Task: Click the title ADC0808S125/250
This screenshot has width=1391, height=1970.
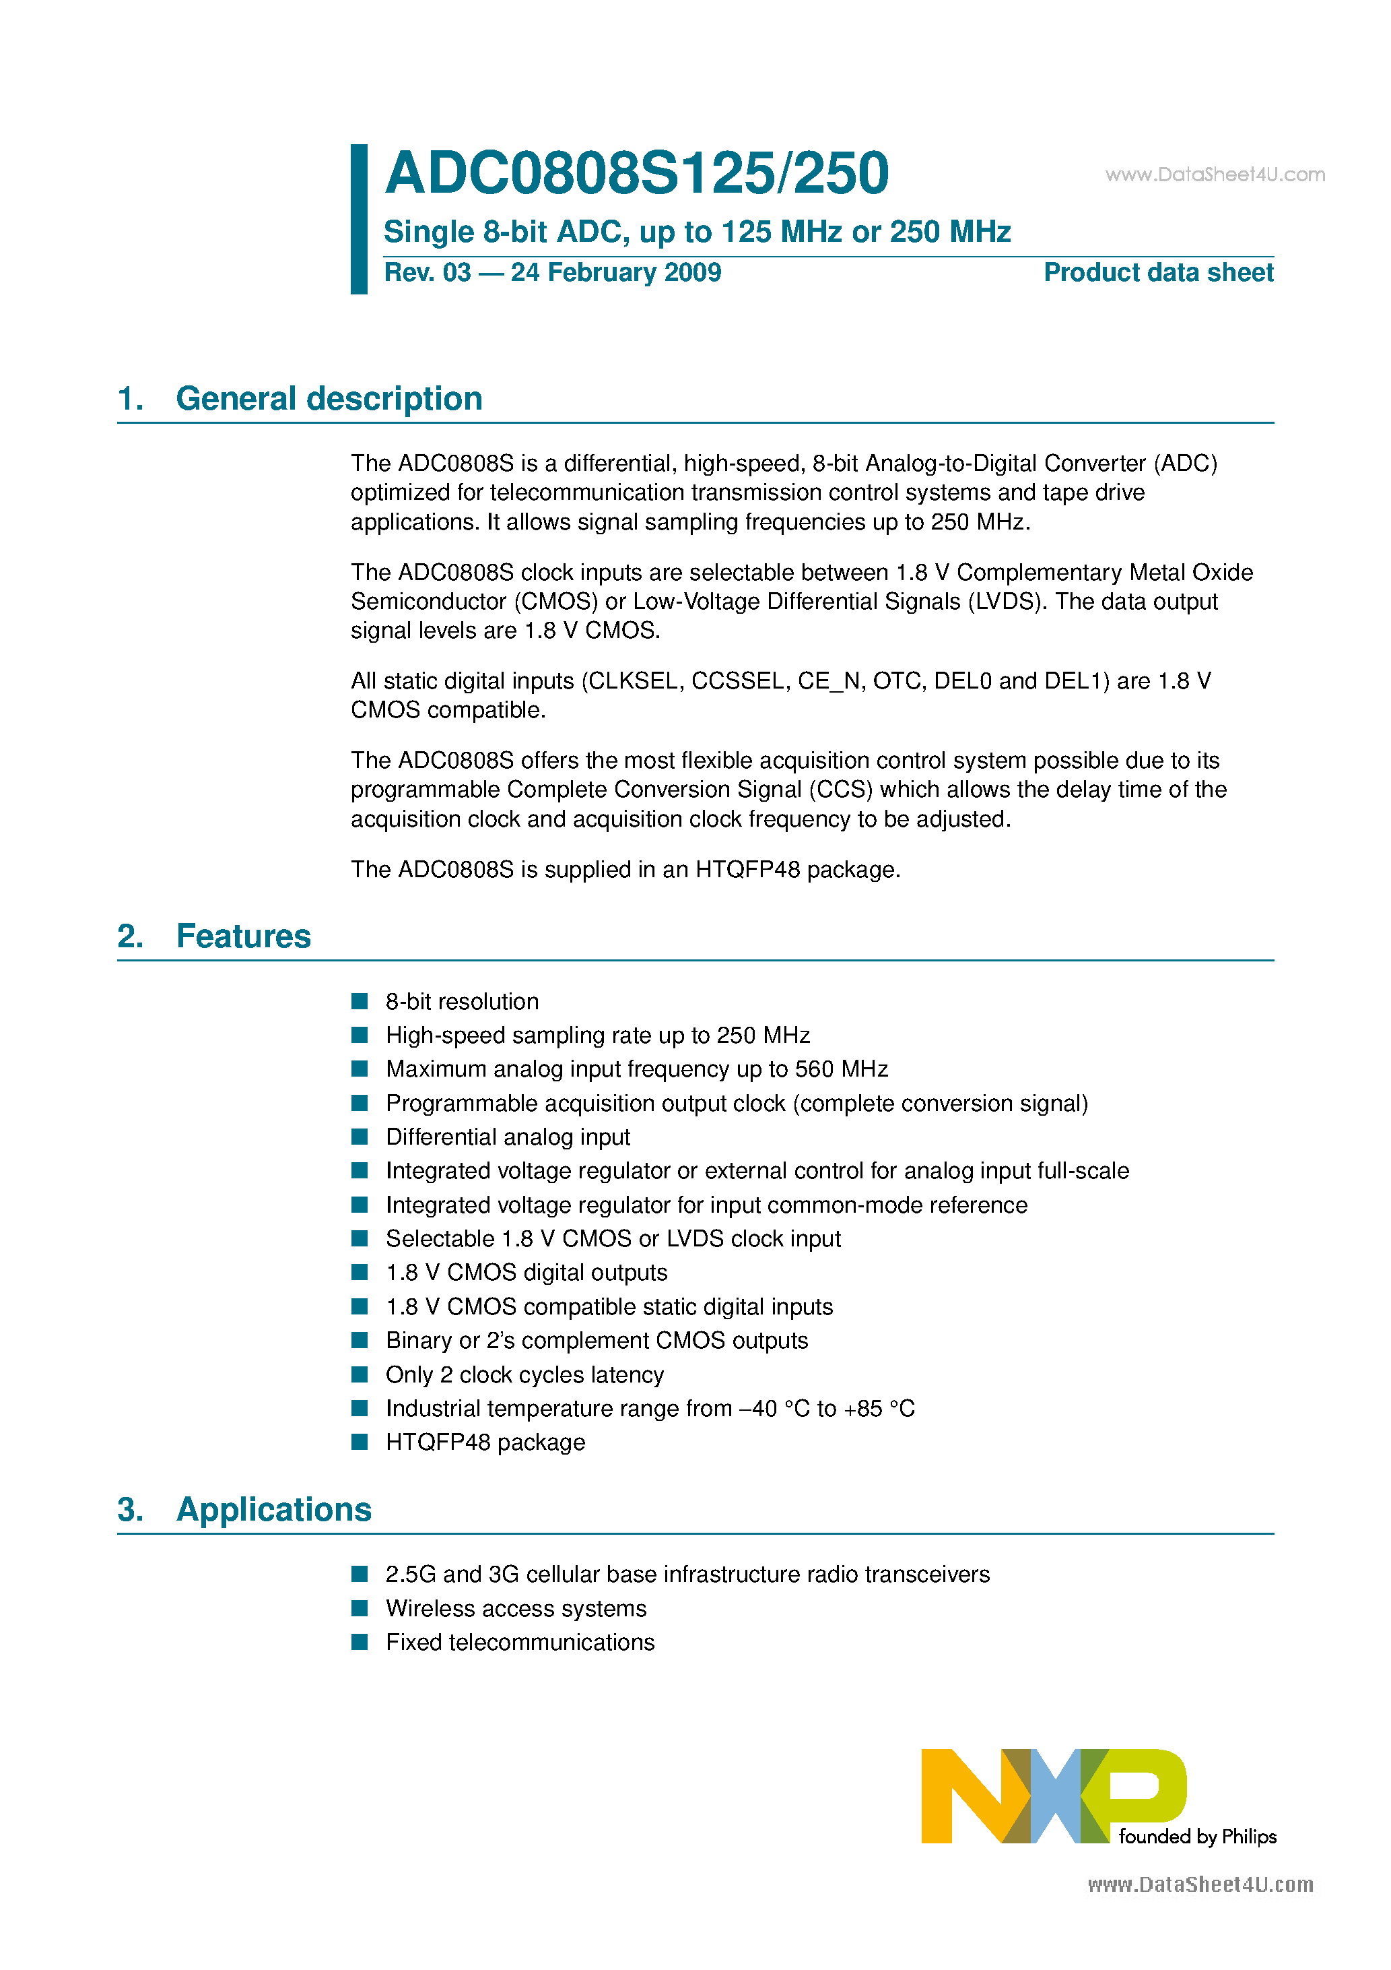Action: point(636,173)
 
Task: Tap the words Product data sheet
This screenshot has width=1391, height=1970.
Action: point(1158,273)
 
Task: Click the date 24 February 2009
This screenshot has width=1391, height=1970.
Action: point(616,273)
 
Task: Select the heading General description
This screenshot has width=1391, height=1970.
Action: point(329,399)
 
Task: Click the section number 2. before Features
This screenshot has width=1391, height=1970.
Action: point(131,936)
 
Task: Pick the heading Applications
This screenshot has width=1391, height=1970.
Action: point(273,1509)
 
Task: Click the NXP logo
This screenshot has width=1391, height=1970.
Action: point(1053,1796)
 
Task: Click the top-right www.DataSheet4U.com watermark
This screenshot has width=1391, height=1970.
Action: point(1215,175)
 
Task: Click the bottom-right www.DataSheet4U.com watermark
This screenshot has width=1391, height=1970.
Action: point(1200,1884)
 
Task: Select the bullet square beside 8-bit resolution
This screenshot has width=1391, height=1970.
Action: point(360,1001)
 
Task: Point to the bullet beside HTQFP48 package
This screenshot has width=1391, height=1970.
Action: point(360,1442)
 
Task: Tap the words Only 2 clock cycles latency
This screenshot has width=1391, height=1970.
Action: point(524,1374)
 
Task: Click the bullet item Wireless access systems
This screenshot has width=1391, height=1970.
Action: point(516,1608)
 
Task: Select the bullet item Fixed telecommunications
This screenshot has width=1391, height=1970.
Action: point(520,1643)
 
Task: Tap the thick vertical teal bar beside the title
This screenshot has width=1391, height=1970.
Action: point(360,219)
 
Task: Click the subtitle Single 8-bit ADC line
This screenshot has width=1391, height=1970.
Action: point(696,232)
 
